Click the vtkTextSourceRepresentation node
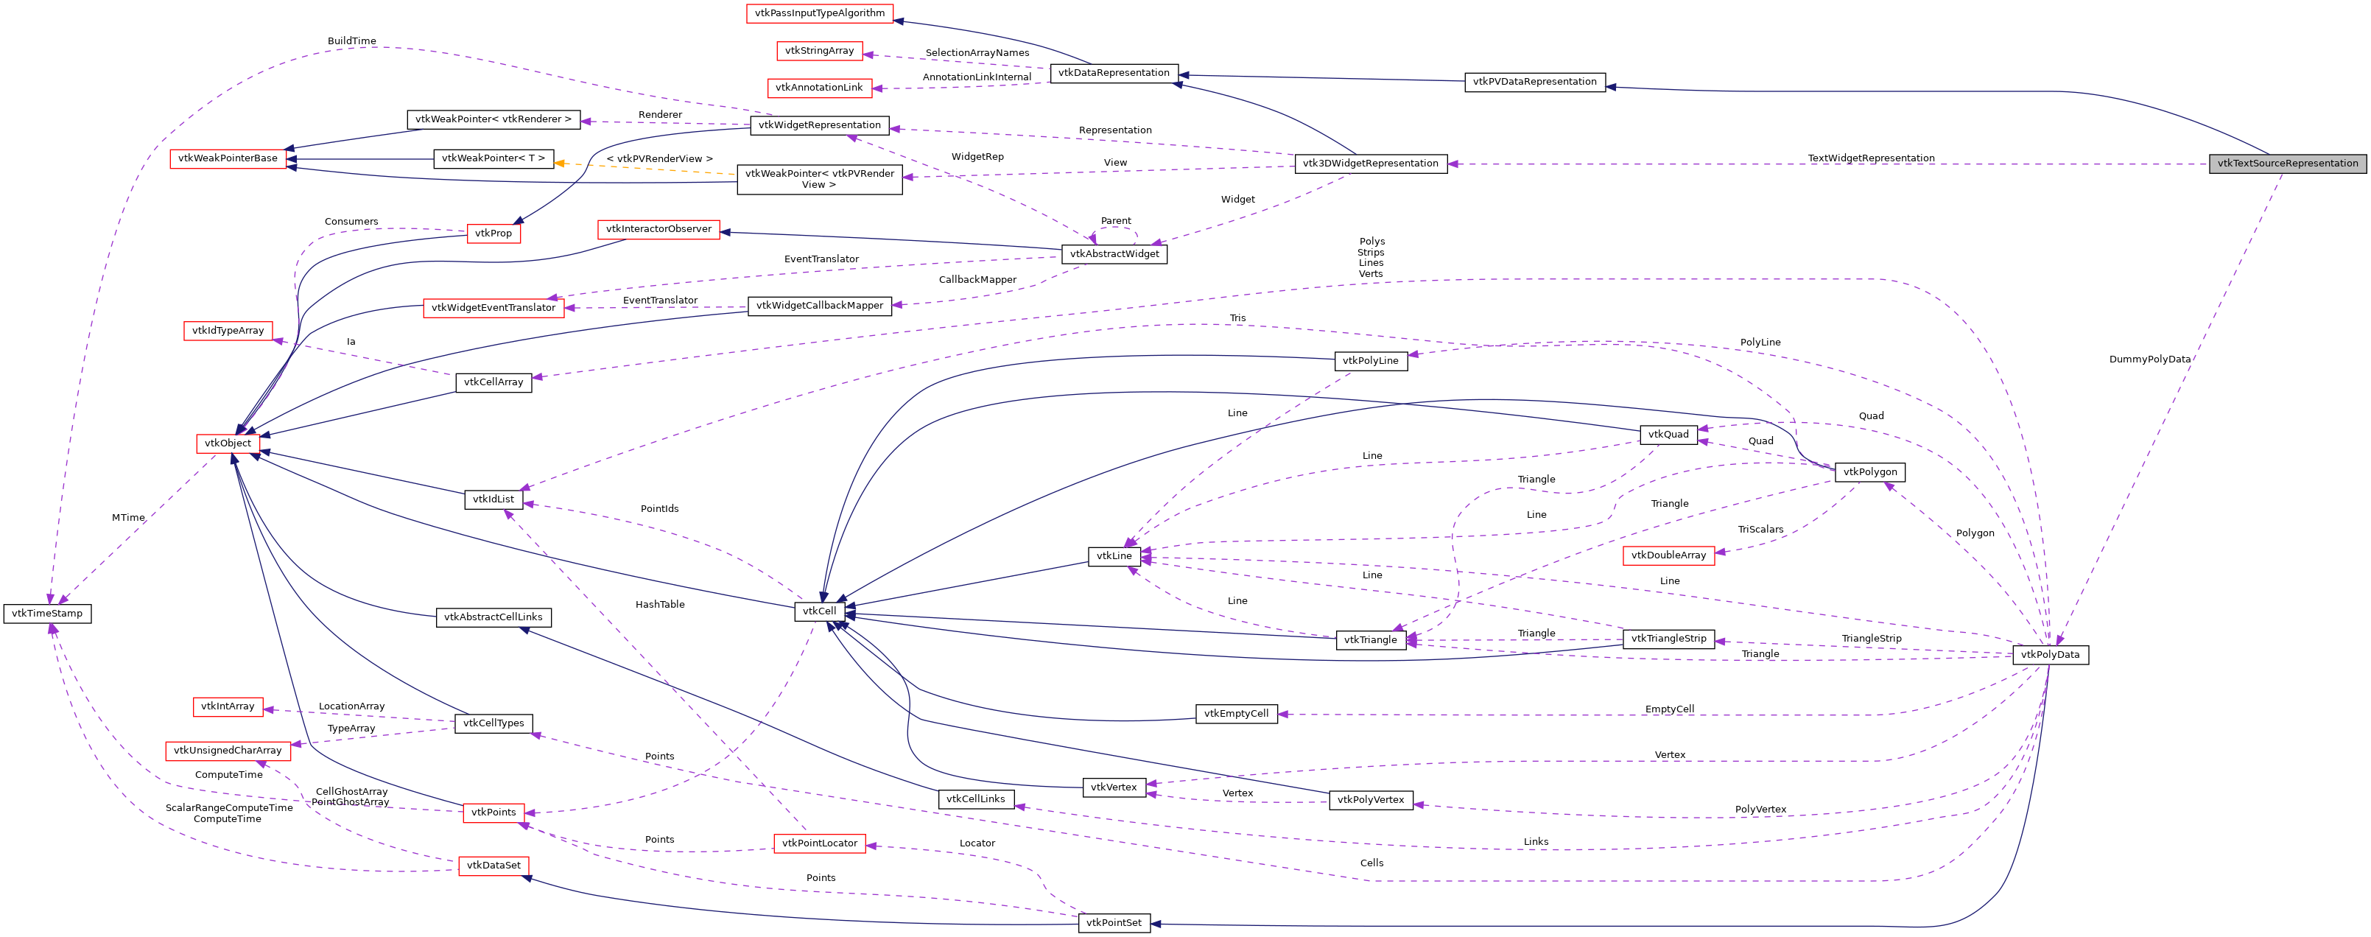[2287, 164]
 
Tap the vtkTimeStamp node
[47, 614]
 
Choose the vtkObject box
[228, 443]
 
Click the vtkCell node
[819, 611]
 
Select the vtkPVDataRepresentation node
[1534, 82]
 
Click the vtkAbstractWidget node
[1114, 254]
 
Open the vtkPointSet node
[1114, 923]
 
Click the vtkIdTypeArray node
[228, 331]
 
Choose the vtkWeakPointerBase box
[228, 158]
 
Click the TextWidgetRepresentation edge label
[1870, 158]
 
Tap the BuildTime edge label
[351, 41]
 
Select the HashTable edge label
[660, 605]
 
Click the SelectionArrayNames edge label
[977, 53]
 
